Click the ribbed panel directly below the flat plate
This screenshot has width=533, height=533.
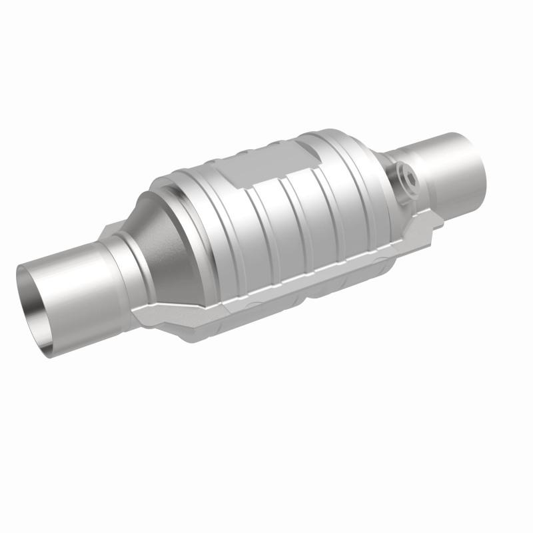pos(266,227)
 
